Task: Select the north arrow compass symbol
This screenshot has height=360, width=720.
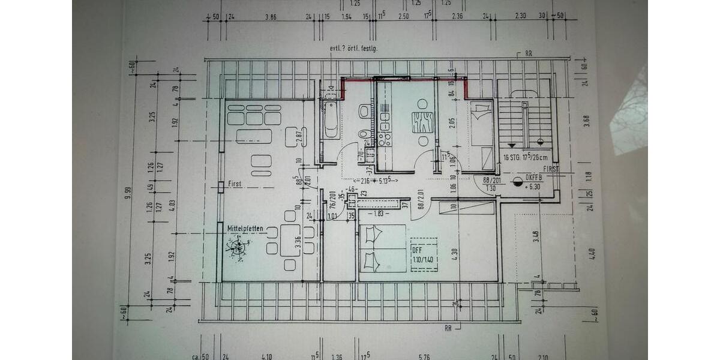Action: [239, 247]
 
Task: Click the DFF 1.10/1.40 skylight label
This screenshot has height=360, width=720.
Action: [422, 254]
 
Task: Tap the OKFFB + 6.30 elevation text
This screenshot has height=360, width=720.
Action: [533, 181]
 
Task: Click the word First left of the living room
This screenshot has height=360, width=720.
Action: [235, 185]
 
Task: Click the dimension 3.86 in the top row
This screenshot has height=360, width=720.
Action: [271, 16]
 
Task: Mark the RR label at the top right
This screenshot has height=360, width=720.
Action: [529, 53]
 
